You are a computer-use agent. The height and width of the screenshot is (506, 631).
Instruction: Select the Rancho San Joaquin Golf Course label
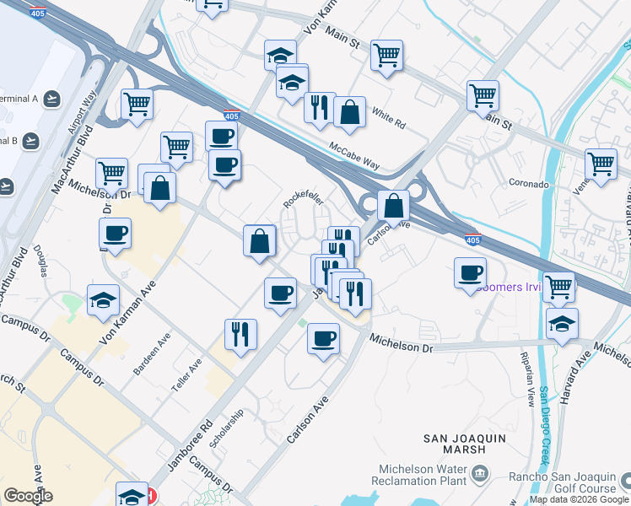562,482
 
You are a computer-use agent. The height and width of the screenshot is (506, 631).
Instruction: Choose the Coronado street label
529,183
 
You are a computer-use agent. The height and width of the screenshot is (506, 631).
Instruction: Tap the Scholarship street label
228,429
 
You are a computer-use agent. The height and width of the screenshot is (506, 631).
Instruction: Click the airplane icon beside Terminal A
52,99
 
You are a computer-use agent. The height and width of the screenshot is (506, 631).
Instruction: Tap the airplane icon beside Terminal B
31,140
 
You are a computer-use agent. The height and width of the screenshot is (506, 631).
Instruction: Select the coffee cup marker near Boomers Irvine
471,272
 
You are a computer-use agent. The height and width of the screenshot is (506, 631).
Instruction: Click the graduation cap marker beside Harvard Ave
562,323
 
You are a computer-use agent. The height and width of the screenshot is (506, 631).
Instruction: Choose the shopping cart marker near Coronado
601,162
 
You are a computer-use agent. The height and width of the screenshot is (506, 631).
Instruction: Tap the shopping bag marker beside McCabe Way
349,111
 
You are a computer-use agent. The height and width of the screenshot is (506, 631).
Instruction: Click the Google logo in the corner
29,496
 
